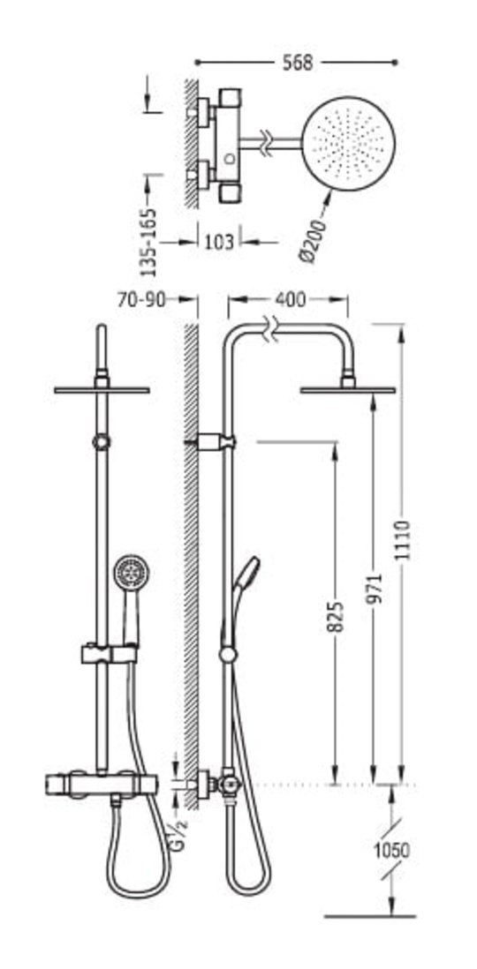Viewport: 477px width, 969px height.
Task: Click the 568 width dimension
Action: [x=298, y=63]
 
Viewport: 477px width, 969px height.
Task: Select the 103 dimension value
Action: [x=219, y=242]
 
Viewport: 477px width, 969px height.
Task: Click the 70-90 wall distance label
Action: [x=141, y=300]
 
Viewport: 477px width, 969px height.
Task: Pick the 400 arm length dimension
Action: [x=290, y=300]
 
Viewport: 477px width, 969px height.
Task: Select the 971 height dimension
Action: [x=375, y=589]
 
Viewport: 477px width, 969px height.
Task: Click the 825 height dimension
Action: [x=336, y=616]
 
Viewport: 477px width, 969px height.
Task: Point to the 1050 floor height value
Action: [x=391, y=851]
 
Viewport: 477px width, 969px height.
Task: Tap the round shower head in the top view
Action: [x=350, y=143]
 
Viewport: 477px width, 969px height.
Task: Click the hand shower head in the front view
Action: [x=131, y=572]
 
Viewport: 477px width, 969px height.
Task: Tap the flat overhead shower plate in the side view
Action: [x=348, y=390]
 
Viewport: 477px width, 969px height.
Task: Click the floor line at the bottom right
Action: [x=370, y=916]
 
